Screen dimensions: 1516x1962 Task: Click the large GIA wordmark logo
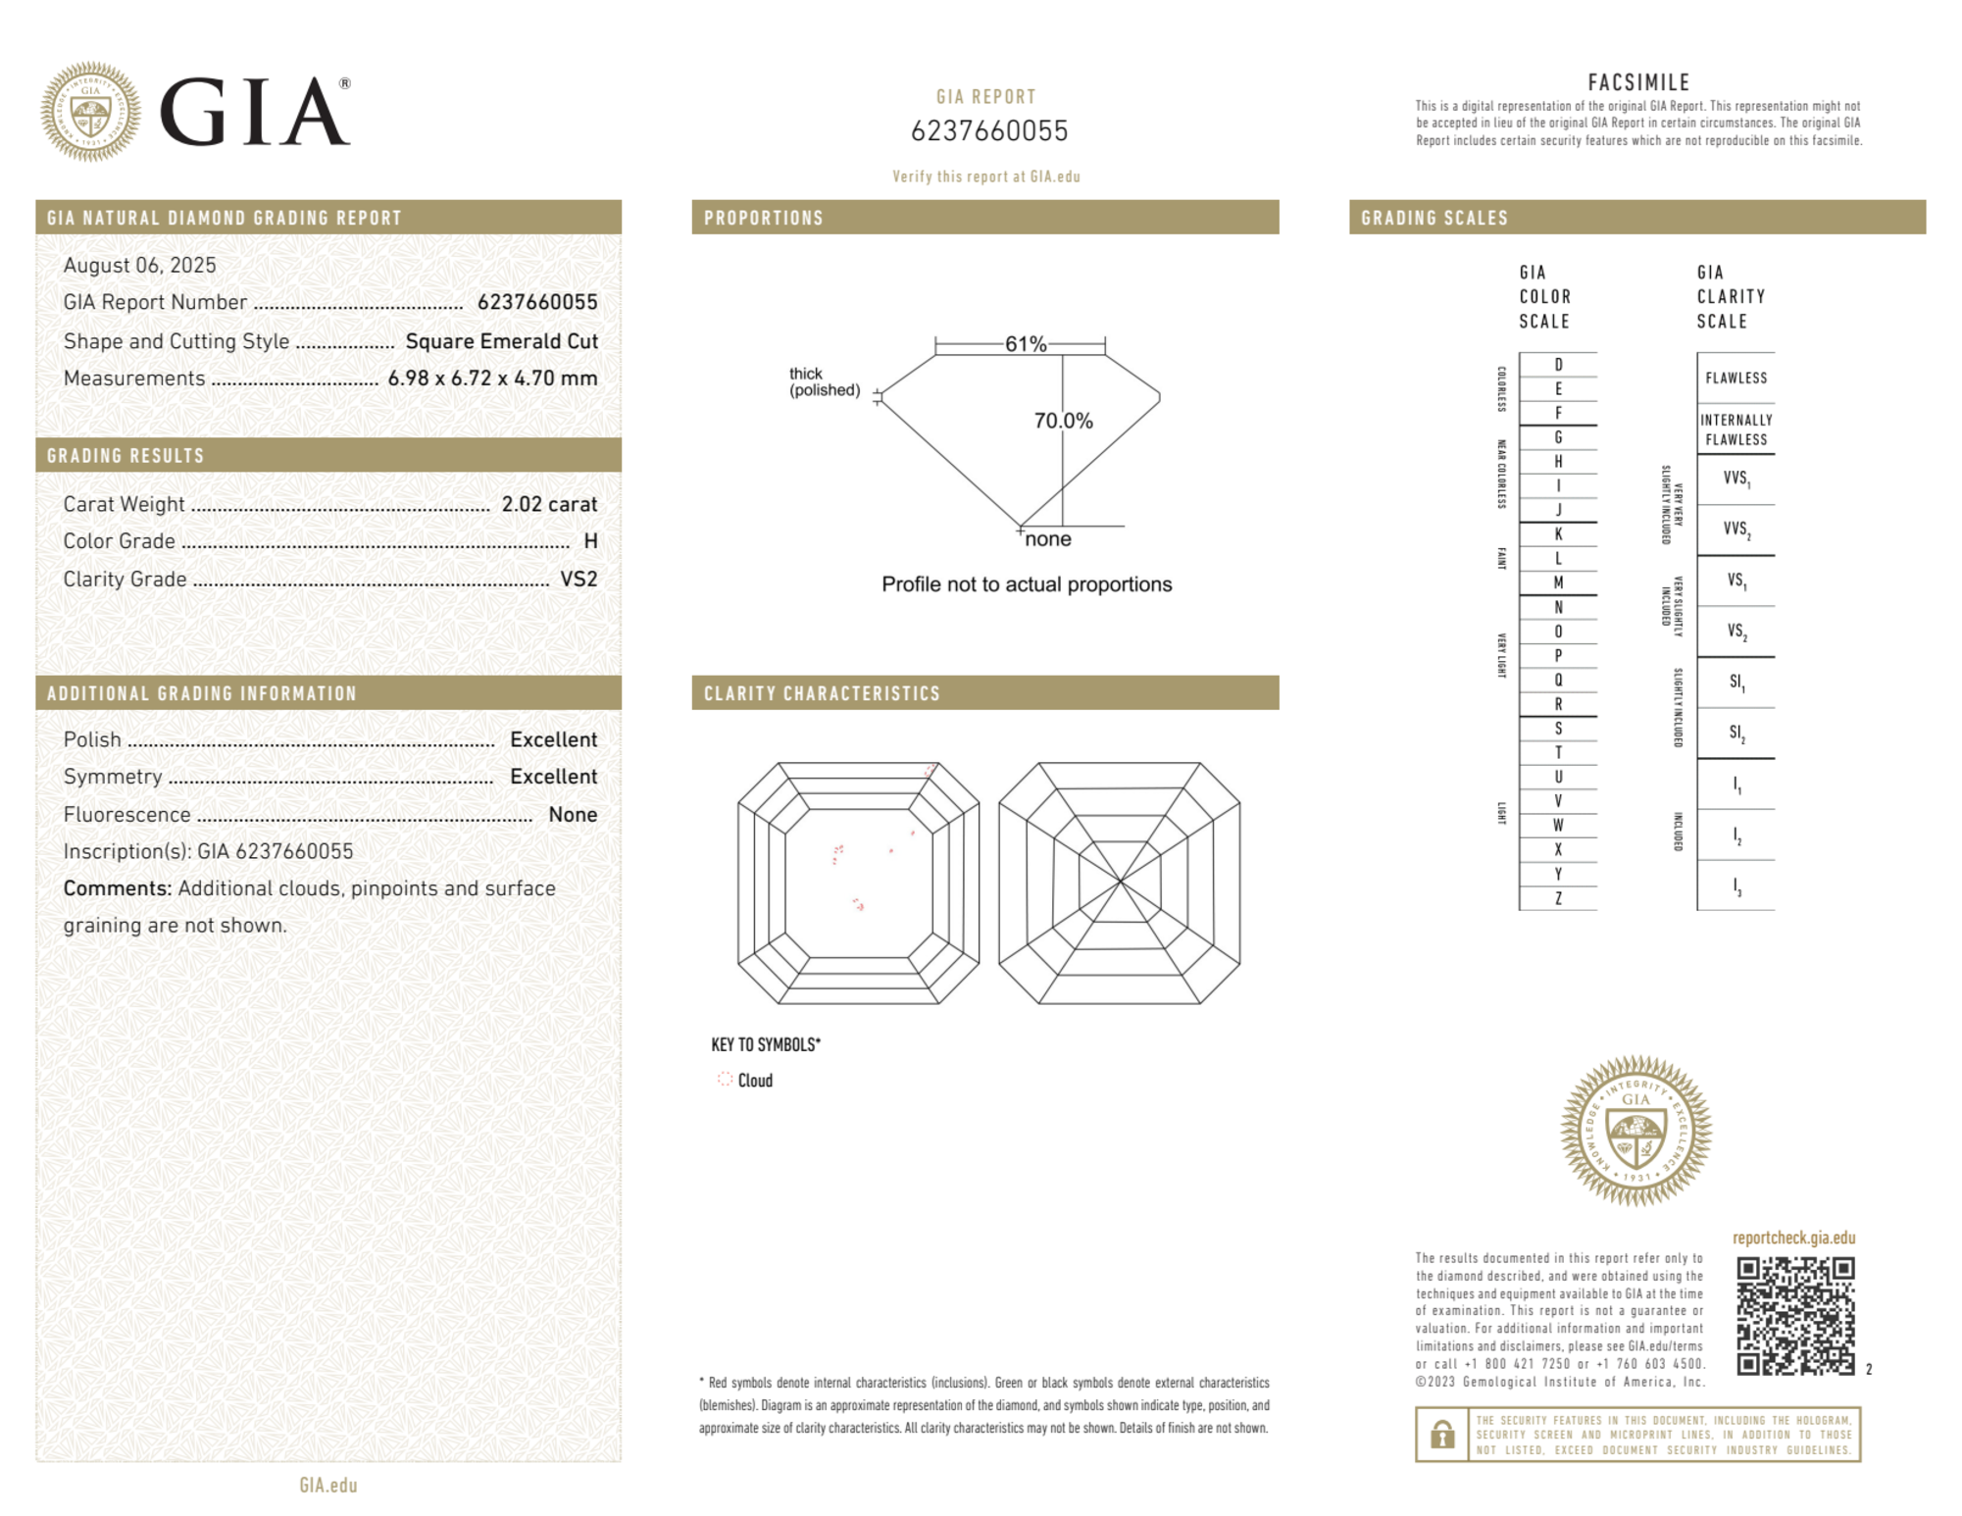[x=253, y=112]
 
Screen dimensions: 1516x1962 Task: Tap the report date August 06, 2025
[x=139, y=265]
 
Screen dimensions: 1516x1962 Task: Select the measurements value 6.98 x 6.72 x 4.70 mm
[x=492, y=379]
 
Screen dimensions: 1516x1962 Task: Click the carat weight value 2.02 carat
[x=549, y=504]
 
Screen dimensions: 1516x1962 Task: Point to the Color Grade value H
[x=590, y=541]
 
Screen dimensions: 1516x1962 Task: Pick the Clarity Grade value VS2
[x=579, y=580]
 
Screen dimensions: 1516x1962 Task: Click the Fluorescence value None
[x=573, y=815]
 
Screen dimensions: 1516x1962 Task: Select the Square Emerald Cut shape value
[x=501, y=341]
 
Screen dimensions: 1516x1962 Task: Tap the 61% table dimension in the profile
[x=1026, y=344]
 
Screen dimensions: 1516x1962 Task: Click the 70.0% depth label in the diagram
[x=1063, y=421]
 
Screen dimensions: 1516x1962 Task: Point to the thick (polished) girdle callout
[x=825, y=381]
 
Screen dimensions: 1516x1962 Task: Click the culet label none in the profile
[x=1048, y=539]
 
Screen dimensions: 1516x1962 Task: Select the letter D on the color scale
[x=1558, y=365]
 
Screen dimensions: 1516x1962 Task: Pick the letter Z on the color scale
[x=1558, y=898]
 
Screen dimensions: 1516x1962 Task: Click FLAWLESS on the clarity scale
[x=1736, y=379]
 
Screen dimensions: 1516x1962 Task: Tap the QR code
[x=1794, y=1315]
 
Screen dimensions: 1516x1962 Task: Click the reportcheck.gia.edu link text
[x=1793, y=1238]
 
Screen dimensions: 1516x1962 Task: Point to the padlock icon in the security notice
[x=1441, y=1435]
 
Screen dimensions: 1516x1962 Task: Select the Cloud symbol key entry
[x=745, y=1080]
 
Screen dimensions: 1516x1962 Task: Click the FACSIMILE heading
[x=1638, y=82]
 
